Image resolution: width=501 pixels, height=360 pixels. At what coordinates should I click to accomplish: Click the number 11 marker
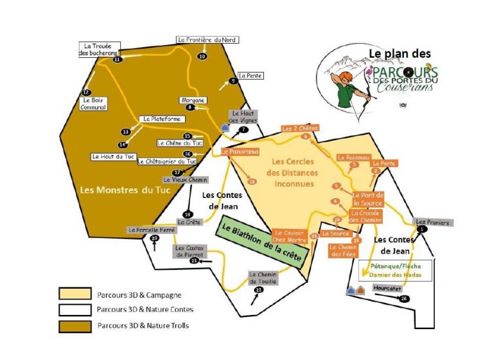[x=117, y=59]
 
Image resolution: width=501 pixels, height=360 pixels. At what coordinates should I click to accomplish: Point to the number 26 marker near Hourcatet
[x=403, y=299]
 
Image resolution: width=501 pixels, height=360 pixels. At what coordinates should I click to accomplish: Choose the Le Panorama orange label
[x=240, y=152]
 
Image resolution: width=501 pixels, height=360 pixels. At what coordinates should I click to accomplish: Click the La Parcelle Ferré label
[x=152, y=230]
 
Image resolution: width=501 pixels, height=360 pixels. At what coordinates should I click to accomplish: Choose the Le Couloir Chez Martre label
[x=291, y=236]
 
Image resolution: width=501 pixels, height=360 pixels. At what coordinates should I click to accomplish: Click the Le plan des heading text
[x=399, y=54]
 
